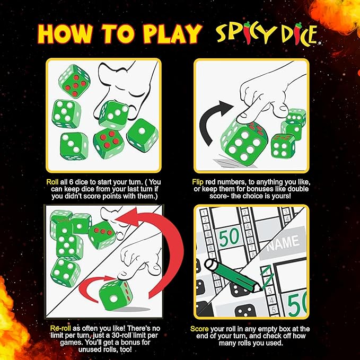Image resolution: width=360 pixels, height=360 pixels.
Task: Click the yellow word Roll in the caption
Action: click(x=52, y=182)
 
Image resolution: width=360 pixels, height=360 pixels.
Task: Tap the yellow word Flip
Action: click(x=198, y=182)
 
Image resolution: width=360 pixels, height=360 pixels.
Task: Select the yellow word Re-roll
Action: click(x=60, y=328)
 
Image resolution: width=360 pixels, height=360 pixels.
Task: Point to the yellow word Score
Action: click(x=199, y=329)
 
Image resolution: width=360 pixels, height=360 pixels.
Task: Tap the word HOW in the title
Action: click(x=65, y=34)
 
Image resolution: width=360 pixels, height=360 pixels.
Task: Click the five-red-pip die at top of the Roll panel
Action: click(x=74, y=82)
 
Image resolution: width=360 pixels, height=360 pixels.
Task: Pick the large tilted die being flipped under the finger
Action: click(x=244, y=142)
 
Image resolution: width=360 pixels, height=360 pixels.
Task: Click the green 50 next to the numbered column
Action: click(x=229, y=237)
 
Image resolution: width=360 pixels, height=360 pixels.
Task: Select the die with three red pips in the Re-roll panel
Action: click(x=102, y=235)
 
